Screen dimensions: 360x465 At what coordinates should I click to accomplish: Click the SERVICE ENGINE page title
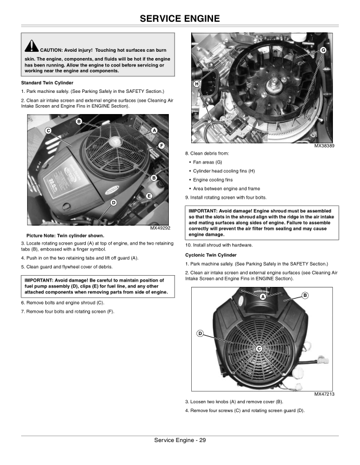[180, 18]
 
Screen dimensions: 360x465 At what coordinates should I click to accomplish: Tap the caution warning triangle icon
[31, 46]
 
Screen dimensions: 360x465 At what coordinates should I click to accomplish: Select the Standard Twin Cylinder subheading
[47, 83]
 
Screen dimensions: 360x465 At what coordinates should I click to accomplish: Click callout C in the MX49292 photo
[48, 131]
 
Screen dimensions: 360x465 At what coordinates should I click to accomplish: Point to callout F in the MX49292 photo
[161, 146]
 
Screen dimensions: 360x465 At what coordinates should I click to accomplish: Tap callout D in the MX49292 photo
[114, 203]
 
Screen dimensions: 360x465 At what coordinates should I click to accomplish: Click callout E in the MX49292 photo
[149, 196]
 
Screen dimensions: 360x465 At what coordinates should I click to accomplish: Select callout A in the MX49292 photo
[154, 130]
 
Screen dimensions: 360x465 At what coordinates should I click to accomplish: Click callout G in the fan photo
[323, 50]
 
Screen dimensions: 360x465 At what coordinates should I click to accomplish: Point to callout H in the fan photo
[196, 84]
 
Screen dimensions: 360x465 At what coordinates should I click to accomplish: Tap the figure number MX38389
[324, 146]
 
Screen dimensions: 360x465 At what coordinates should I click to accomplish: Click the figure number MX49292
[160, 228]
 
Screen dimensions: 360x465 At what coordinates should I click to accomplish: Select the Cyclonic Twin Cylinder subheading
[211, 255]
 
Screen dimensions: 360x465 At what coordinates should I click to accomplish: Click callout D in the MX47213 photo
[200, 334]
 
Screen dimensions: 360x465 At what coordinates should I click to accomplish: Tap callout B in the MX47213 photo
[305, 295]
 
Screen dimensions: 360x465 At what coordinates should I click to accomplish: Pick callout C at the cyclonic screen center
[259, 349]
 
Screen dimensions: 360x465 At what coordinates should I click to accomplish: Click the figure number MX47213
[324, 394]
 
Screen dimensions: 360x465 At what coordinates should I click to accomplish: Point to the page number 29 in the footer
[202, 440]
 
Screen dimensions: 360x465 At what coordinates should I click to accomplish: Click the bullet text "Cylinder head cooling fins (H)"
[224, 171]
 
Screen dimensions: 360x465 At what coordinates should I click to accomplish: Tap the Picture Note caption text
[65, 236]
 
